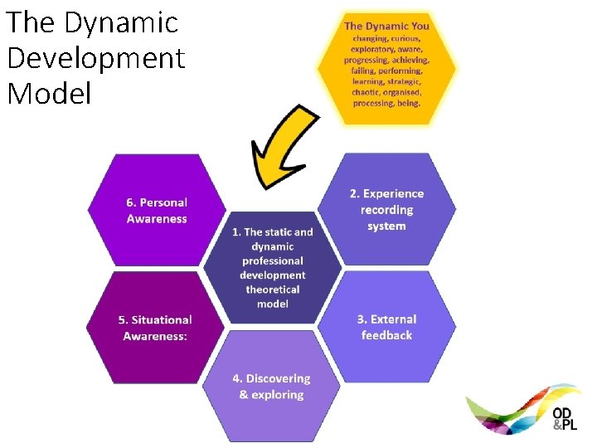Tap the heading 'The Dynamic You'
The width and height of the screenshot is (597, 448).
386,26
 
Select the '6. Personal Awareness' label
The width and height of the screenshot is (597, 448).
157,211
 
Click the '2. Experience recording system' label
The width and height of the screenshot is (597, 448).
386,210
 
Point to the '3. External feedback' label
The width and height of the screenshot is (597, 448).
386,327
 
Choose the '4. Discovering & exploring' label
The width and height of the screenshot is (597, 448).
271,387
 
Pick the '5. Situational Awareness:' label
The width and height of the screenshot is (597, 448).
155,328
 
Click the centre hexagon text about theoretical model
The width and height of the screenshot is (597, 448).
272,268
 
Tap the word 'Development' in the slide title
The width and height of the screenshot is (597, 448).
95,58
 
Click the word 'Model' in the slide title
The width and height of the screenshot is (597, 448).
49,94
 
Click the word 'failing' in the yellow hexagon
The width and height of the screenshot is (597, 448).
362,71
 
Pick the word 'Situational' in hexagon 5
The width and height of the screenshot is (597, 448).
163,319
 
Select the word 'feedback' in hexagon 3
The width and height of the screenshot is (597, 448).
386,335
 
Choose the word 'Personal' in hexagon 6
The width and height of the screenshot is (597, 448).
163,202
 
